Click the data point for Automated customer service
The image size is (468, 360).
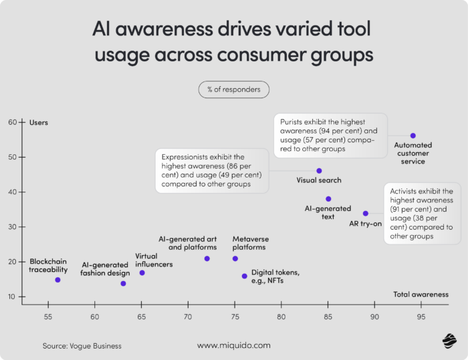pos(413,136)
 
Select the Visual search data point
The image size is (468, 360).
pos(319,171)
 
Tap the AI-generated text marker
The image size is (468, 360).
pos(328,199)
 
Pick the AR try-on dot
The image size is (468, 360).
pos(366,214)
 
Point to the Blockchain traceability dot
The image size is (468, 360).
pos(57,280)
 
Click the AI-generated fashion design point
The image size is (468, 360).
pos(123,284)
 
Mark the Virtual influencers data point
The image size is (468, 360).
pos(142,273)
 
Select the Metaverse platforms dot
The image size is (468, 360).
pos(235,258)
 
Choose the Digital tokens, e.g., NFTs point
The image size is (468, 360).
pos(245,276)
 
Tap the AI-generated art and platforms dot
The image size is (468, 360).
pos(207,258)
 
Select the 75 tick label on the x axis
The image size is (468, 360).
pos(235,315)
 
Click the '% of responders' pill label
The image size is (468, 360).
pos(233,89)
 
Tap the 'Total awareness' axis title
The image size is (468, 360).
pos(421,294)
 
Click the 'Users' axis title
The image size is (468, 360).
pos(39,122)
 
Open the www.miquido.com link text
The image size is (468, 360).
pos(234,345)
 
